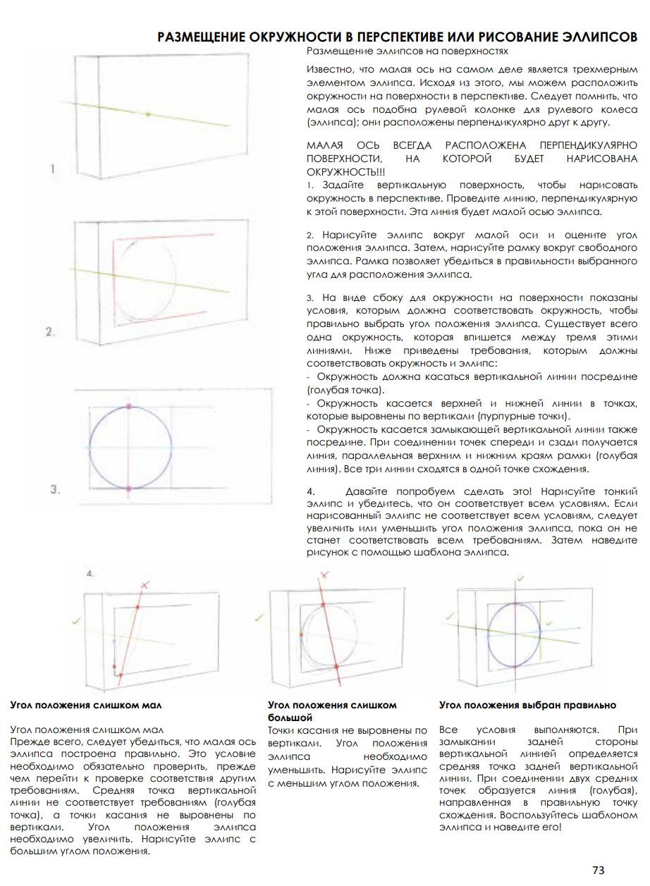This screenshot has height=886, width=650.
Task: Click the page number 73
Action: pyautogui.click(x=598, y=870)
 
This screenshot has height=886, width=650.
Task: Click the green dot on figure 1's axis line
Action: pyautogui.click(x=147, y=113)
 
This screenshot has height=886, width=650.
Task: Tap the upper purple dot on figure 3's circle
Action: pyautogui.click(x=128, y=407)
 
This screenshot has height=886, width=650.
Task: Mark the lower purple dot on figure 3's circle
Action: pyautogui.click(x=128, y=488)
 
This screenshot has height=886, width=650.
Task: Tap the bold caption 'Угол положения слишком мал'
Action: pyautogui.click(x=80, y=705)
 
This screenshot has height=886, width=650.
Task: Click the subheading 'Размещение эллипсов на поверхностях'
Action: pyautogui.click(x=407, y=51)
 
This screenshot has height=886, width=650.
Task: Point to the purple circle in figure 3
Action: pyautogui.click(x=90, y=448)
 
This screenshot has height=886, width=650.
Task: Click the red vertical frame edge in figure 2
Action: pyautogui.click(x=112, y=282)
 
